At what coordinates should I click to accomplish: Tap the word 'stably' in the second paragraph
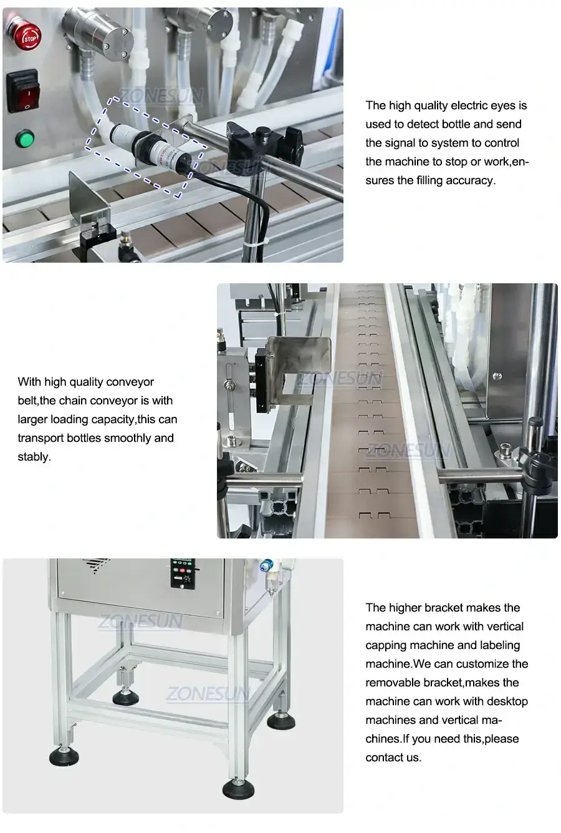pos(34,457)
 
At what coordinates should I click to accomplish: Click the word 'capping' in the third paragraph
pos(386,645)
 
